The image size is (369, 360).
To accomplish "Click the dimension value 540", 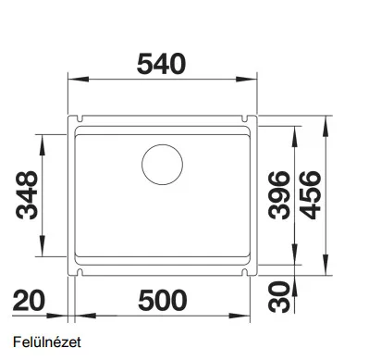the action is pyautogui.click(x=161, y=64).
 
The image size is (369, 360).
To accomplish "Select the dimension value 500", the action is pyautogui.click(x=163, y=300).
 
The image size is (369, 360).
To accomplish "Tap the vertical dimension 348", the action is pyautogui.click(x=27, y=195).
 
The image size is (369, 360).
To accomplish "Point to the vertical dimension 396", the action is pyautogui.click(x=279, y=195).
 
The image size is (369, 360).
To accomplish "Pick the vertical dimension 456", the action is pyautogui.click(x=310, y=195).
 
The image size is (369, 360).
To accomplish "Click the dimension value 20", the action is pyautogui.click(x=29, y=300).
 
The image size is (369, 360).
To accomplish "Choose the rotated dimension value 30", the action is pyautogui.click(x=279, y=296).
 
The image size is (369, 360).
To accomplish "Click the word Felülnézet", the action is pyautogui.click(x=47, y=342).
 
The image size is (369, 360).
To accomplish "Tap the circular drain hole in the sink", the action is pyautogui.click(x=162, y=165).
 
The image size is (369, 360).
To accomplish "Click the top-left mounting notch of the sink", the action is pyautogui.click(x=80, y=118).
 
